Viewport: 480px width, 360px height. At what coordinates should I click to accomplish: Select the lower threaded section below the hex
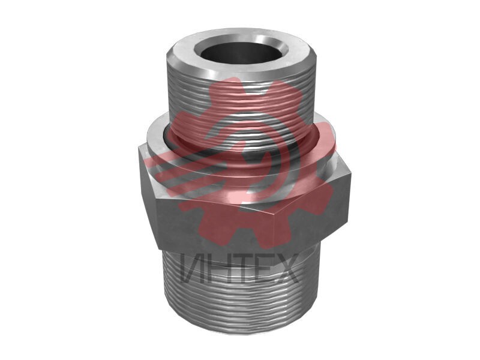(x=241, y=294)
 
